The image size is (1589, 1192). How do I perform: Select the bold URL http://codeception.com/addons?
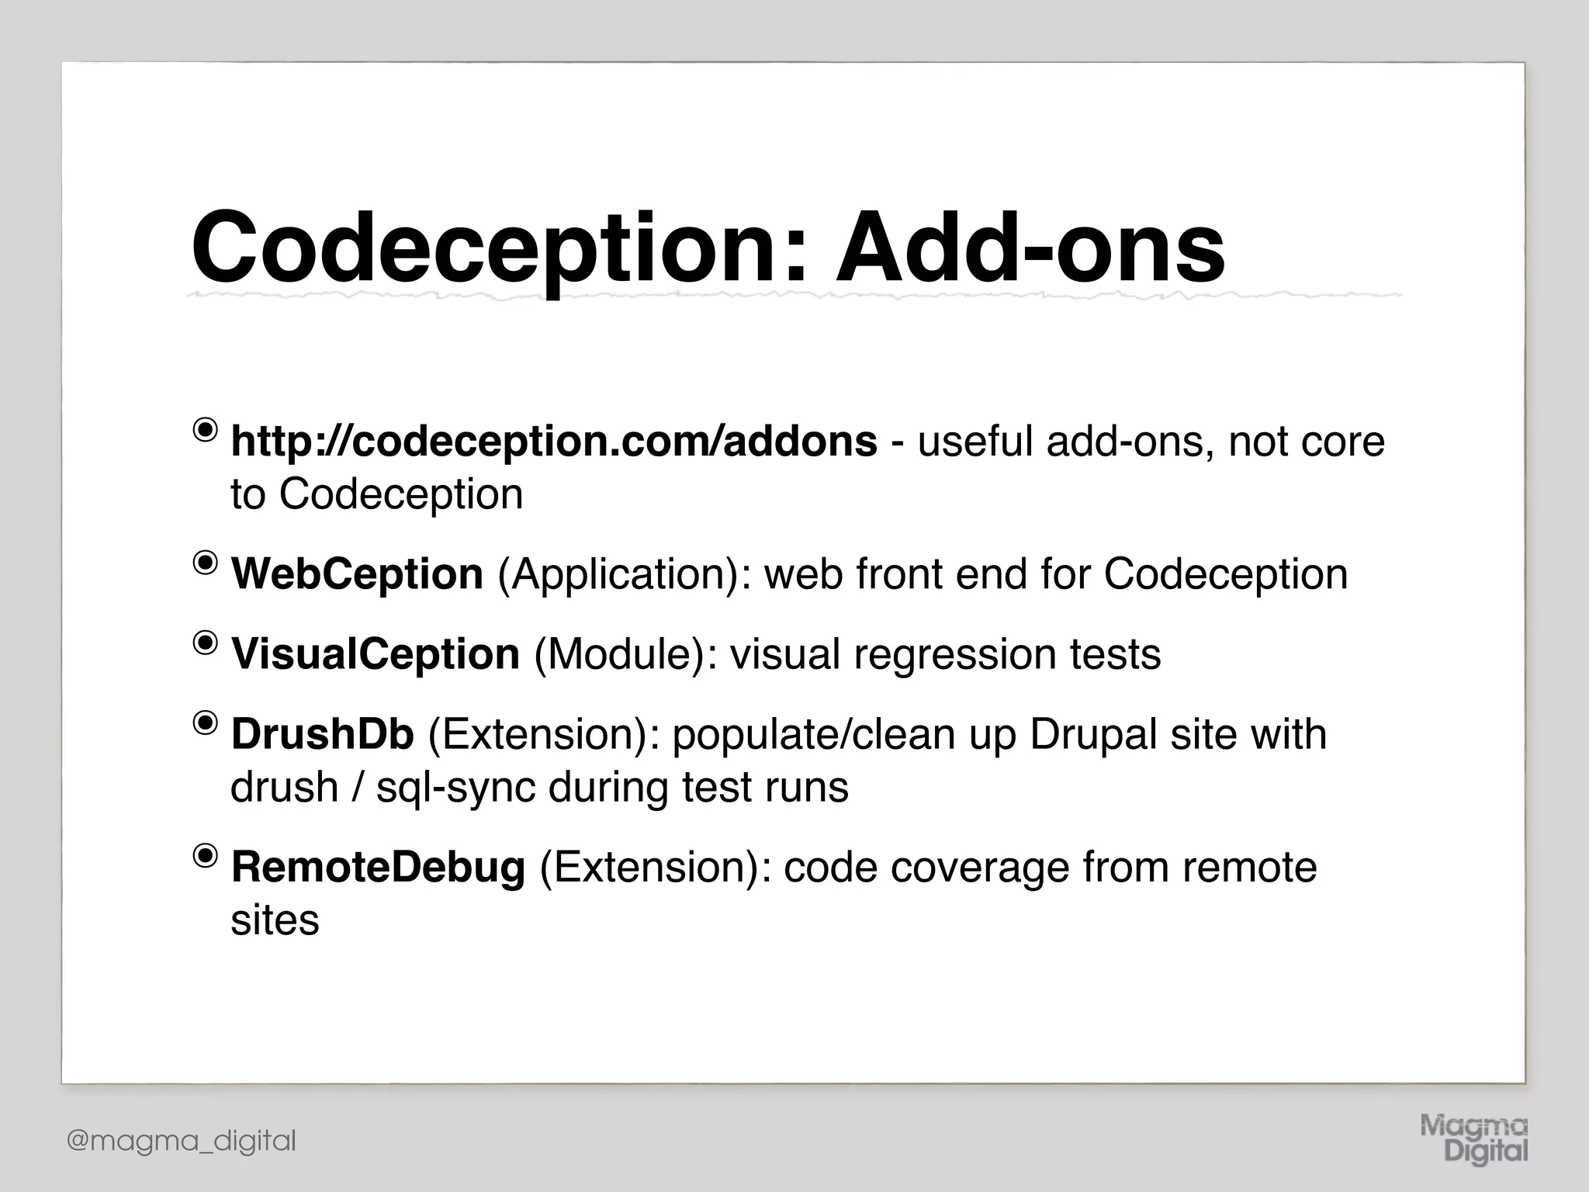(554, 442)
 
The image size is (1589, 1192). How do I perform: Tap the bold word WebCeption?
(357, 574)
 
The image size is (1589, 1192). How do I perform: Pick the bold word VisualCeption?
(376, 654)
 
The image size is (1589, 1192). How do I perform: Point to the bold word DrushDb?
(323, 734)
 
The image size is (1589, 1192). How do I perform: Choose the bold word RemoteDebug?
(378, 867)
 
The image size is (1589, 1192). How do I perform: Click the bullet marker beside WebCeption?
(206, 563)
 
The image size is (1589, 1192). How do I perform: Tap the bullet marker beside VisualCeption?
(206, 643)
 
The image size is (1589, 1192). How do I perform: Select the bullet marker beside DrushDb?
(206, 722)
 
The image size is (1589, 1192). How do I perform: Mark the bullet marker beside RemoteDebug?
(206, 855)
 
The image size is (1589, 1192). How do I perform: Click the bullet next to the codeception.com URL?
(206, 430)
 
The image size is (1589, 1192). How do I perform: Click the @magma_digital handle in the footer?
(182, 1141)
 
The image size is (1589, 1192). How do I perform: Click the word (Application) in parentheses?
(624, 574)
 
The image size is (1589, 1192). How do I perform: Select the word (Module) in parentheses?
(625, 654)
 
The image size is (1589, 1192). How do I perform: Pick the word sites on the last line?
(275, 920)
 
